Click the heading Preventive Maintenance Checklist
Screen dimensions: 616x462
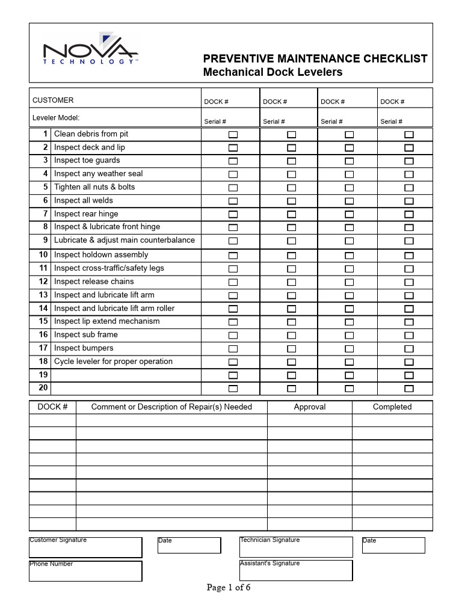[315, 58]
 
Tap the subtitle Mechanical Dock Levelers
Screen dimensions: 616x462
[273, 72]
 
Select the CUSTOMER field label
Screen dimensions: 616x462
[53, 100]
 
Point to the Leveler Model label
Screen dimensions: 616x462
[56, 118]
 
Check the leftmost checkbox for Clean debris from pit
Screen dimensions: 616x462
[233, 134]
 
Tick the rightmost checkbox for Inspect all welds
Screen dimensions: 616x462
[409, 201]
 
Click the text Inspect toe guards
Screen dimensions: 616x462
[87, 161]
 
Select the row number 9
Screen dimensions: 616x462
[45, 240]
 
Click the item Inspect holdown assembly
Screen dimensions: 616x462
[101, 254]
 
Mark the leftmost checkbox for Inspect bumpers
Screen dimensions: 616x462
[233, 349]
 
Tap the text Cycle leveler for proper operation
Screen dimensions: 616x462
[113, 362]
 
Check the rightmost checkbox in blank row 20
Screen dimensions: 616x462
[409, 389]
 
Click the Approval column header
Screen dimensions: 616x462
[309, 407]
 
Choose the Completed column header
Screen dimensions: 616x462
[392, 407]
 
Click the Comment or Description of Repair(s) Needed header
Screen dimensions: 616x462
[171, 407]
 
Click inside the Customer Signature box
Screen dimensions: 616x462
[85, 549]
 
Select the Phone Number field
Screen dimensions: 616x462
[85, 572]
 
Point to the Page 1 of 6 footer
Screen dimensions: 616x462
[229, 588]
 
